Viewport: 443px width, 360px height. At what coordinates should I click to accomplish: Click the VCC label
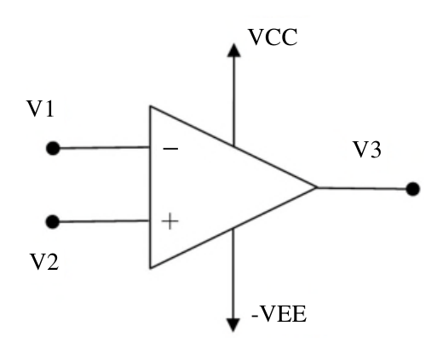click(273, 37)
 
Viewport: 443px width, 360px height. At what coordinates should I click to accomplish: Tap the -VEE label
click(279, 314)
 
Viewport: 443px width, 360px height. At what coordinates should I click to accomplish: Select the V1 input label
click(40, 109)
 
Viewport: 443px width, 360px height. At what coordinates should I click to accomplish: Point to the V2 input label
click(44, 261)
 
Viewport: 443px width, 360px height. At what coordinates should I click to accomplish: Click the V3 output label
click(367, 149)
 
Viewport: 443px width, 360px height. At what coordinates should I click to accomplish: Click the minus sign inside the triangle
click(170, 148)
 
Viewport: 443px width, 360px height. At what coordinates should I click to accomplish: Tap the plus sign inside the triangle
click(170, 221)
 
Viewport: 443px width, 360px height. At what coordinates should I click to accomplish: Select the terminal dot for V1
click(53, 148)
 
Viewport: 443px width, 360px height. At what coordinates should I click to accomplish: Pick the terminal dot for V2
click(53, 221)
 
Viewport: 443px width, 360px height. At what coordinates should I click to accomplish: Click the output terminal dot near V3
click(412, 189)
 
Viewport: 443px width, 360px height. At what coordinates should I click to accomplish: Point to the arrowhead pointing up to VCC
click(234, 50)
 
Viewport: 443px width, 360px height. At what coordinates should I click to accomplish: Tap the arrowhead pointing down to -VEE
click(233, 325)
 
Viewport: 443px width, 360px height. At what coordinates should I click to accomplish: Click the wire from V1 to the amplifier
click(105, 147)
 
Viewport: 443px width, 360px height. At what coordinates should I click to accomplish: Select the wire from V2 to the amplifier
click(104, 221)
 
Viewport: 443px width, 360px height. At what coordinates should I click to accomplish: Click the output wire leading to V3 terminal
click(361, 188)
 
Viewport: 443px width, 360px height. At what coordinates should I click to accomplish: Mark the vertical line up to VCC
click(234, 100)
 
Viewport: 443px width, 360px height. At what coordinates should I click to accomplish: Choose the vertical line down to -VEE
click(233, 273)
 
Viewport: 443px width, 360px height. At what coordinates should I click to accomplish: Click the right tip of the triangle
click(316, 187)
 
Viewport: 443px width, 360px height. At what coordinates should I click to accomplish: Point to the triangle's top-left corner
click(151, 106)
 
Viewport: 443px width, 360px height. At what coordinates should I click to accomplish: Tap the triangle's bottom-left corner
click(151, 268)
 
